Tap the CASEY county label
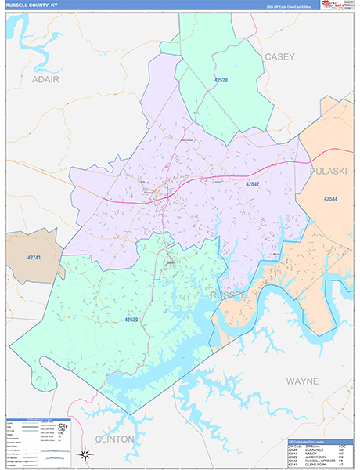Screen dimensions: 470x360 (x=279, y=56)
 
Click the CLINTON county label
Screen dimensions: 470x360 (x=114, y=439)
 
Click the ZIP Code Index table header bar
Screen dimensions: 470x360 (x=320, y=441)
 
